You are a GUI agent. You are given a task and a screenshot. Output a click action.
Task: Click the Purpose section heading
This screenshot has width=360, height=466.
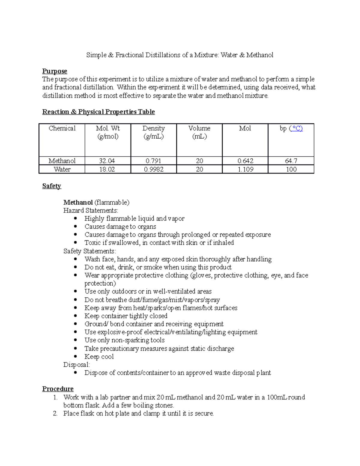(x=55, y=71)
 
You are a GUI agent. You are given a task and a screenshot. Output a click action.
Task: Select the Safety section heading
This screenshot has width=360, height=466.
(x=52, y=186)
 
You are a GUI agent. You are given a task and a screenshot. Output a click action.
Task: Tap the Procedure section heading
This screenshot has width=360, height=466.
(x=58, y=389)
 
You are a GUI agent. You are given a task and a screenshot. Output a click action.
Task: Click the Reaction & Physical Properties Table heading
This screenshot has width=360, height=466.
(x=98, y=112)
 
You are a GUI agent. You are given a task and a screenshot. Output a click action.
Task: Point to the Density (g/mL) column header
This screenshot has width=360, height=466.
(x=154, y=132)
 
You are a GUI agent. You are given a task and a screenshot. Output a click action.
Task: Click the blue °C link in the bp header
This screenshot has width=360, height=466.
(x=296, y=128)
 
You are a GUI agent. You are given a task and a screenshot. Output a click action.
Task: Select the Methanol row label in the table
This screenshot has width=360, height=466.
(x=62, y=161)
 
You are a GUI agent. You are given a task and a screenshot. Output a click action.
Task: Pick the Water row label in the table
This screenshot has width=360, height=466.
(x=62, y=169)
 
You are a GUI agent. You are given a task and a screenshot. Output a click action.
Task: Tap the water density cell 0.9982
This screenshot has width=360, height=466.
(x=154, y=169)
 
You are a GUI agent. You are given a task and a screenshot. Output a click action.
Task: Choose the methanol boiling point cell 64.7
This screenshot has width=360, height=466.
(x=291, y=161)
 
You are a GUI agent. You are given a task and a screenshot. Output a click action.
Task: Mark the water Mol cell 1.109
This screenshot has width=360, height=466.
(x=245, y=169)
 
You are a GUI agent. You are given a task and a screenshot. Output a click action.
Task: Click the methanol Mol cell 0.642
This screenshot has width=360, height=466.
(x=245, y=161)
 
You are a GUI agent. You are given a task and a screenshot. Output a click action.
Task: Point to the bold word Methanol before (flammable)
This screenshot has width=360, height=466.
(x=78, y=202)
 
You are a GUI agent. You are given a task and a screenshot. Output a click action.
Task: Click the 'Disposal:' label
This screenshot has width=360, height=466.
(x=76, y=365)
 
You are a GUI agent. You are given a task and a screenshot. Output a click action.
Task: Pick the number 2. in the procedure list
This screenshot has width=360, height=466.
(x=55, y=413)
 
